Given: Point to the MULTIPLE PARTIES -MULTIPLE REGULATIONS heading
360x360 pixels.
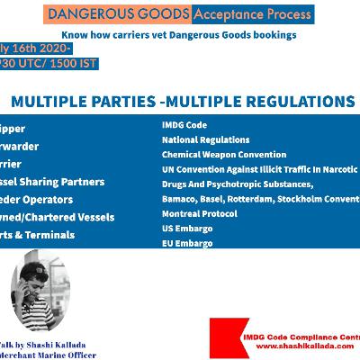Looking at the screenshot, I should click(180, 102).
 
